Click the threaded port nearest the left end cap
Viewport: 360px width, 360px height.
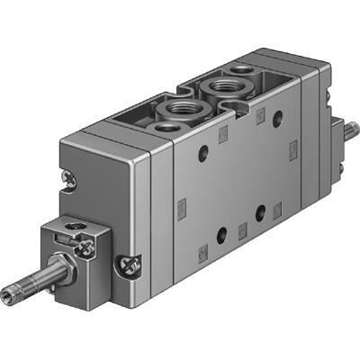tap(172, 113)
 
